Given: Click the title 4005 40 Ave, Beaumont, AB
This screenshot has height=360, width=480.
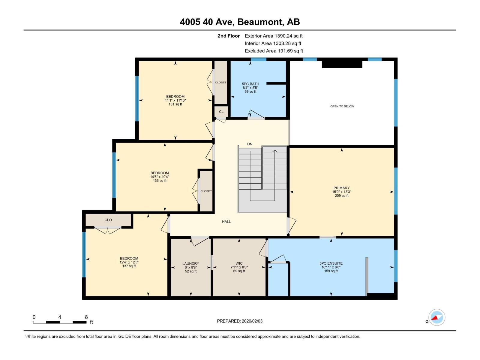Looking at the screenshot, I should [x=240, y=22].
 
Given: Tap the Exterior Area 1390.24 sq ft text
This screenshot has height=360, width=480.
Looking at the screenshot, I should [x=274, y=36].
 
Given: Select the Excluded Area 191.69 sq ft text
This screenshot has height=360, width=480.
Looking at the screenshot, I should [x=274, y=51].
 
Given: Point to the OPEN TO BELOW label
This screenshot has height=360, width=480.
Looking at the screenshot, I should [x=342, y=106].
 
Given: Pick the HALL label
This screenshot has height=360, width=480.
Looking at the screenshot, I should [x=226, y=221].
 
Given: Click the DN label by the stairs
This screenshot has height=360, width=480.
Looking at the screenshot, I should [x=250, y=144].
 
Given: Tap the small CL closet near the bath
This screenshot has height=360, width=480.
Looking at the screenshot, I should [x=221, y=112].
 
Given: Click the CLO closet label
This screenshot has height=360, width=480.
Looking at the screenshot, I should [x=108, y=220].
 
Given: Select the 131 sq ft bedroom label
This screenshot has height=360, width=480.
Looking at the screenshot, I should [x=175, y=104].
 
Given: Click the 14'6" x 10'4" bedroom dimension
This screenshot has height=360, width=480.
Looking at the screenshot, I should [x=160, y=177].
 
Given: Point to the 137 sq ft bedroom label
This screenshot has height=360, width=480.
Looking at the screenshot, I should [x=129, y=266].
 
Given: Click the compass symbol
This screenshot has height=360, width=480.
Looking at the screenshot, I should [x=436, y=317].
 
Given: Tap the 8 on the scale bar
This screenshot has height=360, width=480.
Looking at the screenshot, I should [x=86, y=317].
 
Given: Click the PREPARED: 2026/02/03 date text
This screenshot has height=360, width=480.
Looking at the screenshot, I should [x=240, y=321].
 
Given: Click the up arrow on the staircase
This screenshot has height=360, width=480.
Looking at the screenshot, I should [x=274, y=151].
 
